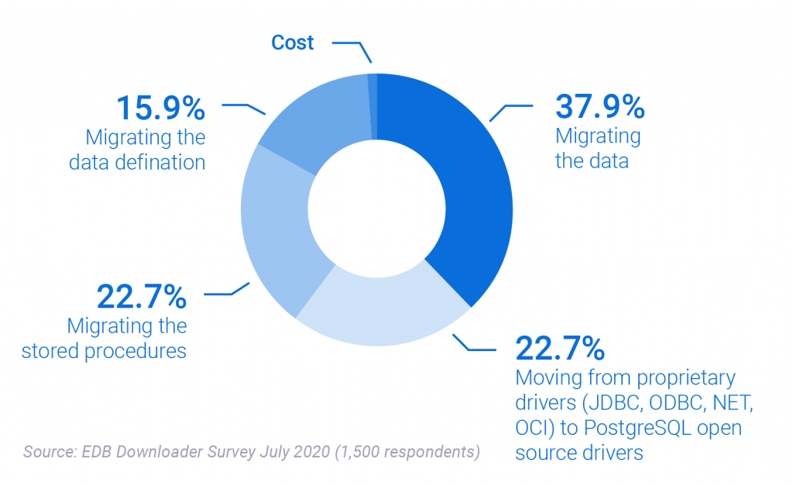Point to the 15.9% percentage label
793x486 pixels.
(x=161, y=109)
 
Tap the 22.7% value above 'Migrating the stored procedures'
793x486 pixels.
(x=142, y=295)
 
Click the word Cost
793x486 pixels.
(x=292, y=42)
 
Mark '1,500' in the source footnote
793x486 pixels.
(x=358, y=451)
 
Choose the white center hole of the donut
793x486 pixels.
(x=377, y=209)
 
